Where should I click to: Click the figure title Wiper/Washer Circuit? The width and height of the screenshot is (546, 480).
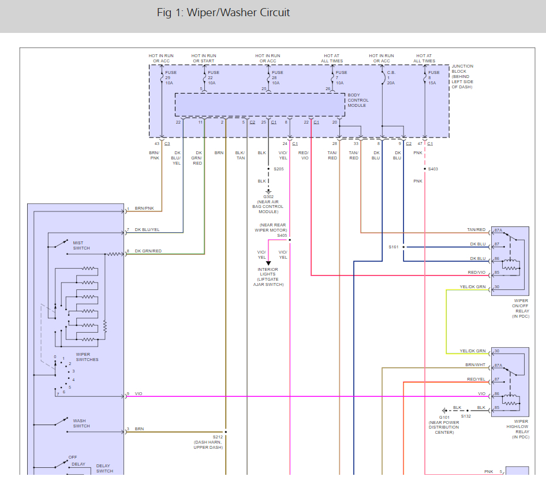coord(223,13)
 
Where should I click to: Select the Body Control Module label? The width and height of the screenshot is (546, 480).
coord(358,101)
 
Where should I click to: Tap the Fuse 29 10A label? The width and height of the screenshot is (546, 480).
coord(169,77)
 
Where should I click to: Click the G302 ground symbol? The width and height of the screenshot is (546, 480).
coord(268,191)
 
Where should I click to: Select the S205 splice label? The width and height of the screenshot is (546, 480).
coord(279,169)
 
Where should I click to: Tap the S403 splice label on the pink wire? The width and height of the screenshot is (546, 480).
coord(432,169)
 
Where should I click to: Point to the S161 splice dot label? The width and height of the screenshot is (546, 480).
coord(394,247)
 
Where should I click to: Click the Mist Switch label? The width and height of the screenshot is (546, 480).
coord(81,245)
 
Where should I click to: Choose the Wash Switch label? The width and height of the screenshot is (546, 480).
coord(81,423)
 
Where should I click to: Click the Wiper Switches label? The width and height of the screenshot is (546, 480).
coord(87,357)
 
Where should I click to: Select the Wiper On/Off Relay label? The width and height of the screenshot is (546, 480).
coord(521,308)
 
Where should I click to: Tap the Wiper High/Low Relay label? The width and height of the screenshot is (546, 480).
coord(521,429)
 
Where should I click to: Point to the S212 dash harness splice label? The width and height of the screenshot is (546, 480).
coord(218,437)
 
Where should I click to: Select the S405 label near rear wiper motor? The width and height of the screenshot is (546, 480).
coord(282,235)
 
